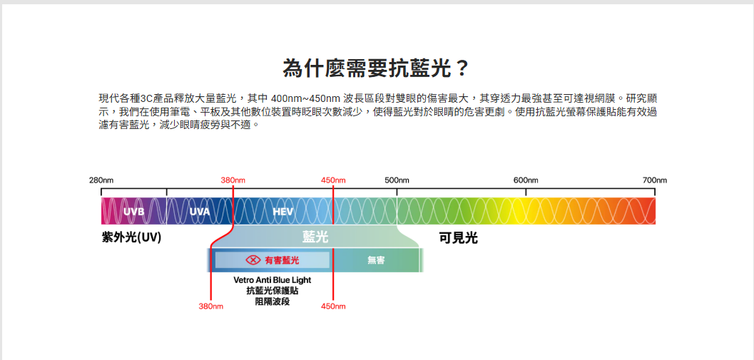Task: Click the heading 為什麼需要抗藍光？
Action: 377,68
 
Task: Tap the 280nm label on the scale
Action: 101,180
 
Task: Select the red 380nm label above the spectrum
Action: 233,180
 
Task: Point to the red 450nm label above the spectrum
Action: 333,180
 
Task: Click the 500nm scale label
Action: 397,180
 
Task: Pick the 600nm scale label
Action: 526,180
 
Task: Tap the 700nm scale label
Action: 654,180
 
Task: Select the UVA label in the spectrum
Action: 200,212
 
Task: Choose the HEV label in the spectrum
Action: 283,212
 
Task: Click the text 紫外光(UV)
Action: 131,237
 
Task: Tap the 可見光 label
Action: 458,237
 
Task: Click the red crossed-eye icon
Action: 253,260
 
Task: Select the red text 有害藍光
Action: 282,260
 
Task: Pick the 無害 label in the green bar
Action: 376,260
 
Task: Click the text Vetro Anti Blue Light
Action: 272,280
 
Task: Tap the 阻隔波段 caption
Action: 272,302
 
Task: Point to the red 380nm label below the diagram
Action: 210,307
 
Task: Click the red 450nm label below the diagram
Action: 333,307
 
